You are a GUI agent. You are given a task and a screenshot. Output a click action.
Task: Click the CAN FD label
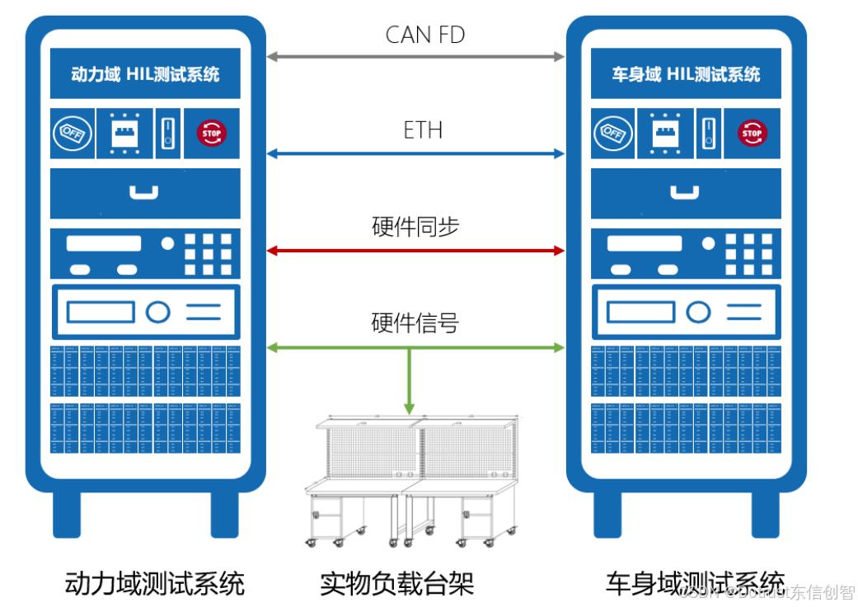[424, 35]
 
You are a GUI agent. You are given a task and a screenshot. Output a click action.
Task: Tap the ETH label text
[423, 129]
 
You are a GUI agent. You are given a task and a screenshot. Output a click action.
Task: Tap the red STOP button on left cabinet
[212, 132]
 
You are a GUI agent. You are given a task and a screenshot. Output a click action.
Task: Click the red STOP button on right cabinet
[752, 132]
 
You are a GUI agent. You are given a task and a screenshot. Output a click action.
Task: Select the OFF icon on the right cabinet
[613, 133]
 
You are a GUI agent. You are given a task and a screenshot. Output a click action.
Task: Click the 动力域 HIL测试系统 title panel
[145, 74]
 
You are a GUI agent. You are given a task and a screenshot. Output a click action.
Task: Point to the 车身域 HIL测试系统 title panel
[686, 74]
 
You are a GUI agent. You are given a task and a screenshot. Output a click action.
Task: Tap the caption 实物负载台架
[396, 584]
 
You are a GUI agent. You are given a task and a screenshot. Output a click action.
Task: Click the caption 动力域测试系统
[155, 584]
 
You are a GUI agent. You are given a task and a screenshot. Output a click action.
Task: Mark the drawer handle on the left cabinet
[144, 193]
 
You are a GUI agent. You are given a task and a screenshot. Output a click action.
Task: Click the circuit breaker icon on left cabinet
[124, 132]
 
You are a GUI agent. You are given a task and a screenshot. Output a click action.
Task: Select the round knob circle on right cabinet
[699, 312]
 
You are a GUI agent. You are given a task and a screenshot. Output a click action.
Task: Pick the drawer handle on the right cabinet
[685, 193]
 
